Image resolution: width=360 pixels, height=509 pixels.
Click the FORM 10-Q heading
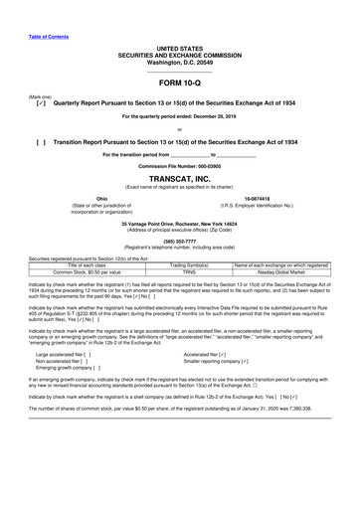click(179, 84)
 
